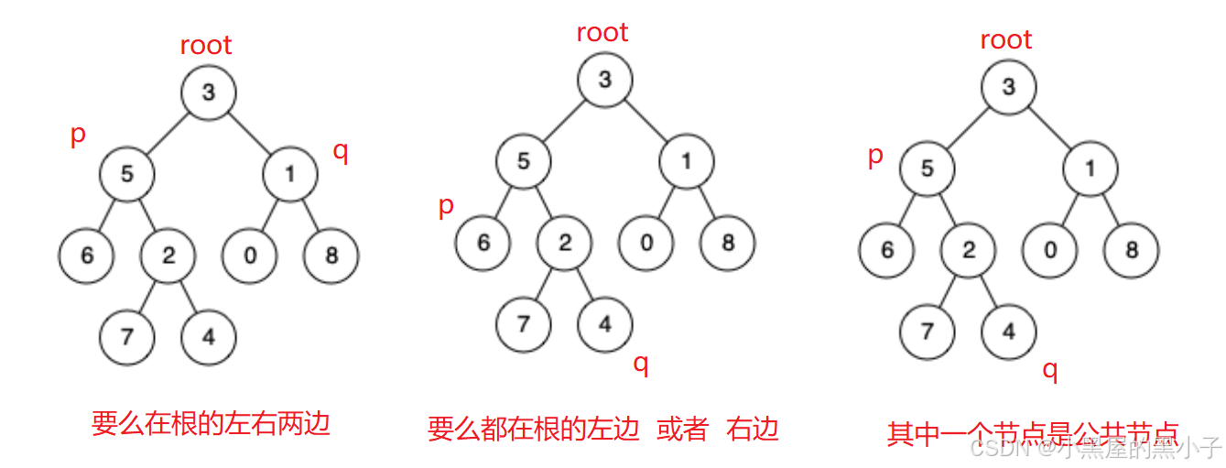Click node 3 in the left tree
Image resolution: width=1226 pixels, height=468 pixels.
[x=209, y=93]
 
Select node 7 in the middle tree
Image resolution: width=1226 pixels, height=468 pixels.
[x=524, y=323]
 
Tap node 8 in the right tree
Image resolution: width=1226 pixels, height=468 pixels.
[x=1132, y=249]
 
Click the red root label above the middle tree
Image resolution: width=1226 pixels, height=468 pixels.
[x=602, y=33]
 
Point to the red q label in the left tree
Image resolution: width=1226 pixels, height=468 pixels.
[x=340, y=151]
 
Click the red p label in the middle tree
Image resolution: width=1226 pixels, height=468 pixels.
[x=446, y=205]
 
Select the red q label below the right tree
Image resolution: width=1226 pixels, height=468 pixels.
[x=1050, y=370]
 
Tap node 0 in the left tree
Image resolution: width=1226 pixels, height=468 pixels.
[x=250, y=256]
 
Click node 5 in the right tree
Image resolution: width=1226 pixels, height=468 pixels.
[x=928, y=169]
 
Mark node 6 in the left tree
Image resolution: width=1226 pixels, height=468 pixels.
[x=87, y=256]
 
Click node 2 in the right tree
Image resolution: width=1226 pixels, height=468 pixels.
[x=969, y=249]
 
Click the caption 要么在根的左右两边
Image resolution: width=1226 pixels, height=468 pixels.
[x=211, y=423]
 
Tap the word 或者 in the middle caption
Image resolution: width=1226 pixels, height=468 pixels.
[x=683, y=429]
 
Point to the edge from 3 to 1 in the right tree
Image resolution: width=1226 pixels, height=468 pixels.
[x=1049, y=127]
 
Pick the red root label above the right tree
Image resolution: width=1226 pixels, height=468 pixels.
[x=1006, y=40]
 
